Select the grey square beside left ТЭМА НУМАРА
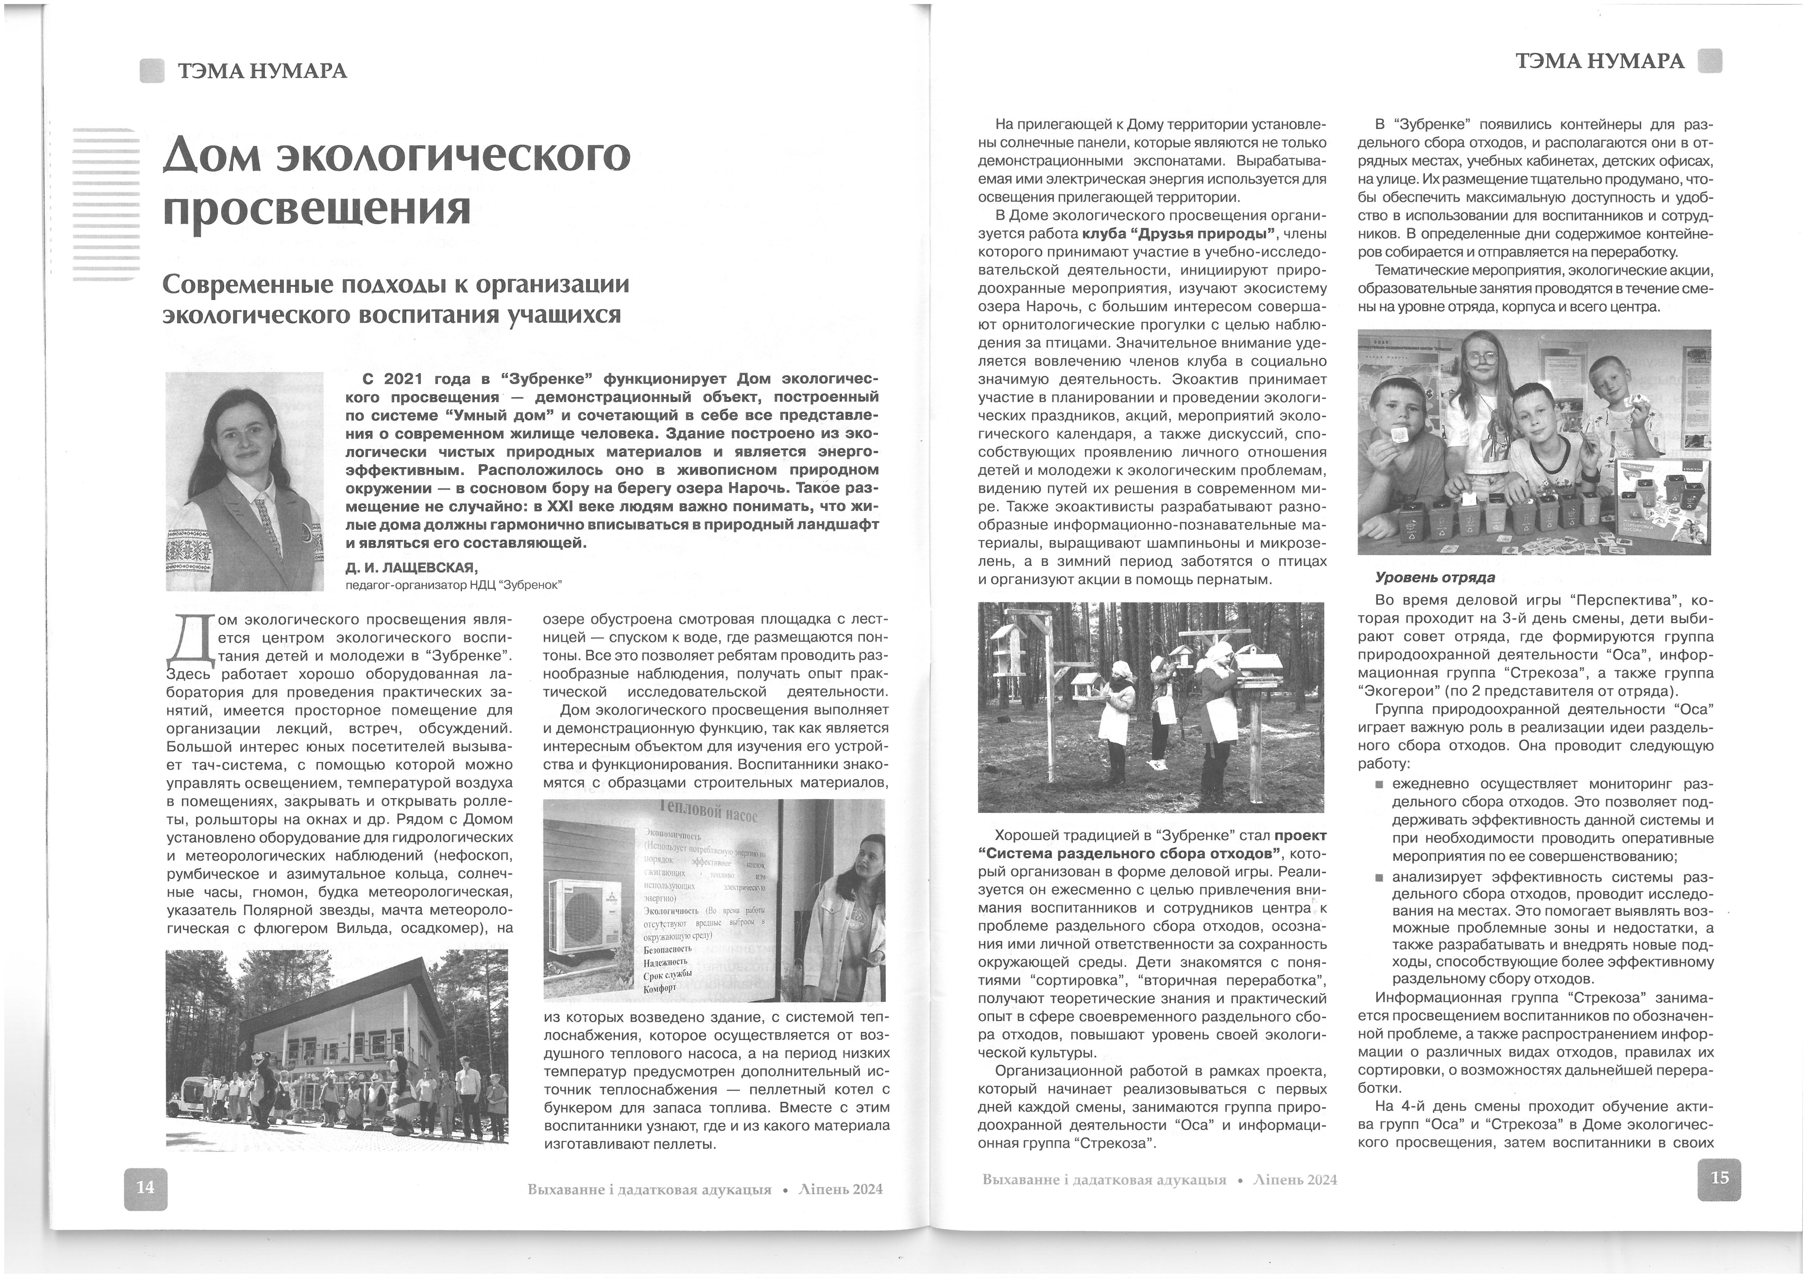[x=152, y=71]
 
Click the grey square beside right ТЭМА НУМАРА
[x=1709, y=62]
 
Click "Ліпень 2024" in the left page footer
[x=840, y=1189]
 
